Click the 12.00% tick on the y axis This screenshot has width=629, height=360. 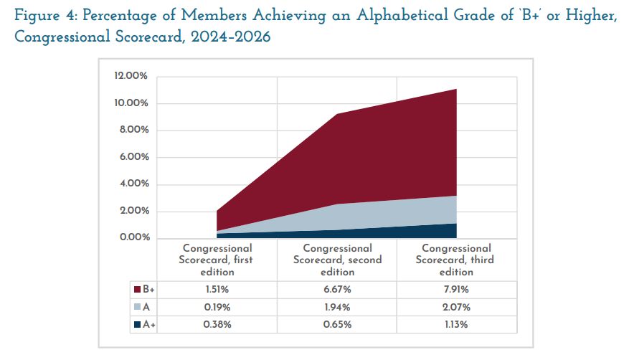coord(131,76)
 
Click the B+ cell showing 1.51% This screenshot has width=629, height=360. coord(217,290)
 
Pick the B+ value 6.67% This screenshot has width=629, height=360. coord(337,290)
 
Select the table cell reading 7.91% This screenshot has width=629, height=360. coord(456,290)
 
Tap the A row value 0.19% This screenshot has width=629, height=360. coord(217,307)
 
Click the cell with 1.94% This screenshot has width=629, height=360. coord(337,307)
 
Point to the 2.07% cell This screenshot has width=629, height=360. coord(456,307)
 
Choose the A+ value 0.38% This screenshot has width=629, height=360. coord(217,324)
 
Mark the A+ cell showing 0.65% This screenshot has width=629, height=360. coord(337,324)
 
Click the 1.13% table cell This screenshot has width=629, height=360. coord(456,324)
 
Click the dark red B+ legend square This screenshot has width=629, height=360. coord(137,290)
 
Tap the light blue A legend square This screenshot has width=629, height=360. coord(137,307)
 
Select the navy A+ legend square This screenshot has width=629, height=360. coord(137,324)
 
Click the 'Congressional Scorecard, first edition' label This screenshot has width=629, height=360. coord(217,260)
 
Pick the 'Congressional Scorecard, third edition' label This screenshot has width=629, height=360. coord(456,260)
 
